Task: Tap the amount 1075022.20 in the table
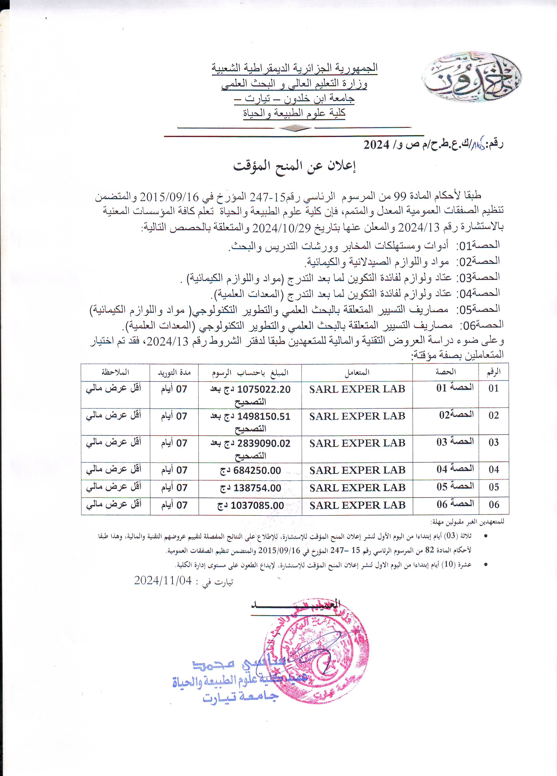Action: [264, 389]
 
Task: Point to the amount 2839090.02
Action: [264, 444]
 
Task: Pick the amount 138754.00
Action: [257, 488]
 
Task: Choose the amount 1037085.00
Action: [257, 506]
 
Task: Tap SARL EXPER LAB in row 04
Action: [357, 471]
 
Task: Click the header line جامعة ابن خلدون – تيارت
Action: [294, 98]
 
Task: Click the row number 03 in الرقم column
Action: [493, 443]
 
